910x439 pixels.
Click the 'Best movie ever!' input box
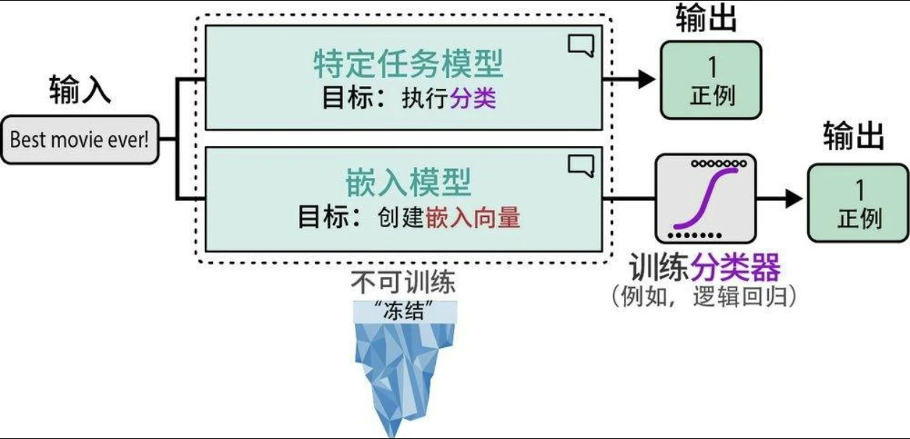80,140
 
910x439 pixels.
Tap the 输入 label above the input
80,90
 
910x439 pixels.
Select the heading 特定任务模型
408,65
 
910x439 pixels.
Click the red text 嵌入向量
473,217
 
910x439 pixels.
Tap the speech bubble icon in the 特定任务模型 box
581,46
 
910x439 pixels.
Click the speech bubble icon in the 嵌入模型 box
581,166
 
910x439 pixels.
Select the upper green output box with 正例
711,80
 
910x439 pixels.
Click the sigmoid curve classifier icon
705,198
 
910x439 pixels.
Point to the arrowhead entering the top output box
646,80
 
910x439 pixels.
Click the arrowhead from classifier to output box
794,198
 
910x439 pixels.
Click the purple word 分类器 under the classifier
736,269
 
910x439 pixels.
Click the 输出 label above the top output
706,18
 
